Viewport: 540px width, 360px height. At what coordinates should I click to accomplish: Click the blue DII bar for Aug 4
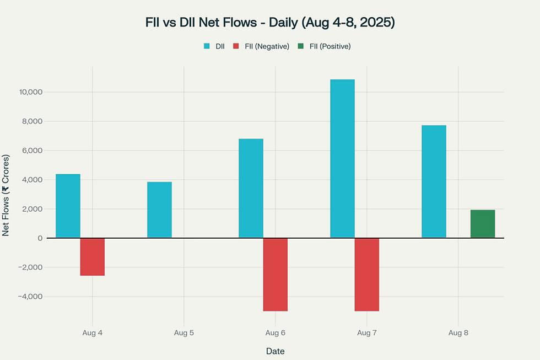68,206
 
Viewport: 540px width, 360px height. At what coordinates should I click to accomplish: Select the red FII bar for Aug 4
92,256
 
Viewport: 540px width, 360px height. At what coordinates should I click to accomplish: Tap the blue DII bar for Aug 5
159,209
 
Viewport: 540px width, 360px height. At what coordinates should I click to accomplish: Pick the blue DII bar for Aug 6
251,188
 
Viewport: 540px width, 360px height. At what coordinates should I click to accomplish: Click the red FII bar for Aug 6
275,274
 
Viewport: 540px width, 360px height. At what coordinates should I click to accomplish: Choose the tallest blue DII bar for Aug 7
342,158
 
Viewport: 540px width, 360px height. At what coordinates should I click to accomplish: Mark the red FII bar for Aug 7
366,274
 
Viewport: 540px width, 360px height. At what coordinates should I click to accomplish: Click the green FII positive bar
483,223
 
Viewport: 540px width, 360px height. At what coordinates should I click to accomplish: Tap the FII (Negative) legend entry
262,46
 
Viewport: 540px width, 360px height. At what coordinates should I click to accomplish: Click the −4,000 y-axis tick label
32,297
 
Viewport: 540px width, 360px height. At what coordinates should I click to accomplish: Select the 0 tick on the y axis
40,238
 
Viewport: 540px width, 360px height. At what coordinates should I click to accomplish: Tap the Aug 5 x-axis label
183,333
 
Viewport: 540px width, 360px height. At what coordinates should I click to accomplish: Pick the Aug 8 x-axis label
458,333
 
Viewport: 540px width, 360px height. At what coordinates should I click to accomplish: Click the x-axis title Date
275,351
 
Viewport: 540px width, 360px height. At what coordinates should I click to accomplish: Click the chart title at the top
269,23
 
